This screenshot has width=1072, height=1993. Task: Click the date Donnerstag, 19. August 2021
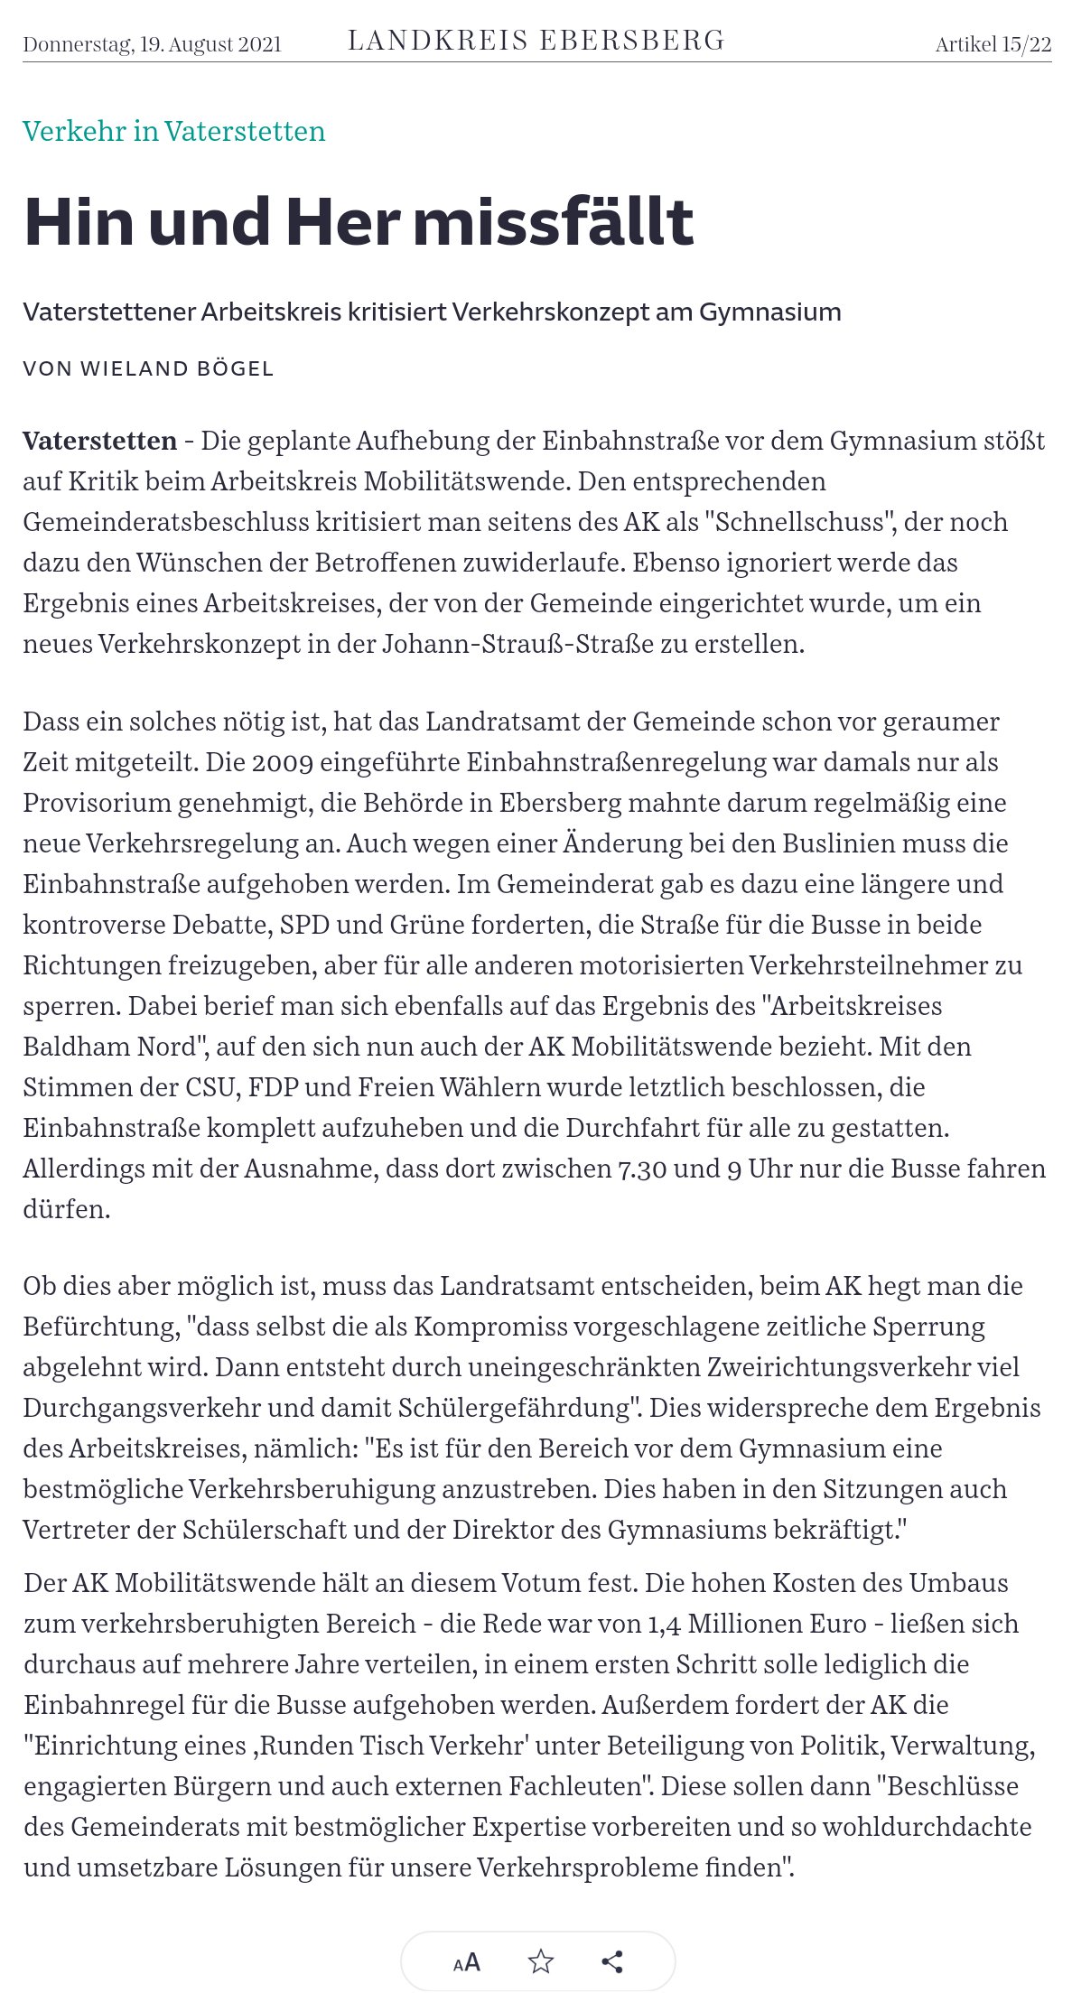[x=152, y=44]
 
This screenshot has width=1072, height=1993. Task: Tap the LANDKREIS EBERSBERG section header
[x=536, y=41]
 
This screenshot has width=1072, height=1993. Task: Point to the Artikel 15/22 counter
[x=993, y=44]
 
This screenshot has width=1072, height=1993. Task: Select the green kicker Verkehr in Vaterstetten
[x=173, y=132]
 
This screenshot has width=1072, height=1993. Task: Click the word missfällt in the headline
[x=554, y=221]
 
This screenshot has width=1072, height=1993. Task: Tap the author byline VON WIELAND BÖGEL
[x=148, y=368]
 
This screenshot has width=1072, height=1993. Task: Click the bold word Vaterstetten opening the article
[x=99, y=441]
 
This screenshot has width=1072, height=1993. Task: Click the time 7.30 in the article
[x=641, y=1169]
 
